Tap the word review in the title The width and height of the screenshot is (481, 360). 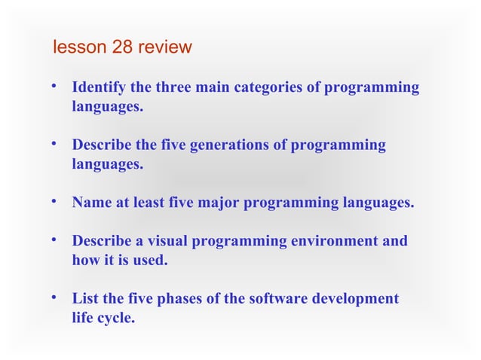tap(165, 47)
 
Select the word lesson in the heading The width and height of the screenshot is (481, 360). tap(81, 47)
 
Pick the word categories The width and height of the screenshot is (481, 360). tap(269, 87)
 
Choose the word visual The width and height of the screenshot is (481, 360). tap(163, 241)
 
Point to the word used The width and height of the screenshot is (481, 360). tap(149, 261)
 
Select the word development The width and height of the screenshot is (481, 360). tap(358, 298)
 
